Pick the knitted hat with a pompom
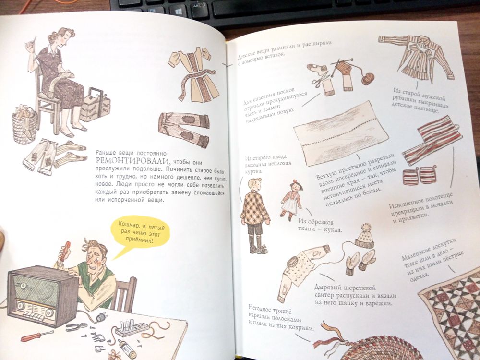click(x=365, y=236)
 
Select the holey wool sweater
click(x=303, y=270)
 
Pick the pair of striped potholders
click(x=420, y=176)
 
